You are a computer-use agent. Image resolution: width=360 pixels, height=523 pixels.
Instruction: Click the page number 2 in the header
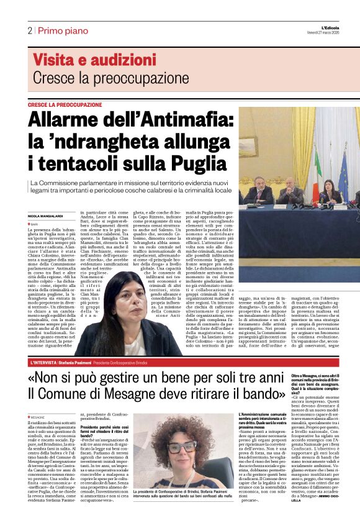tap(29, 30)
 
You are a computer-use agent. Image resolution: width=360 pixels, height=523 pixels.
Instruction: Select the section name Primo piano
tap(57, 30)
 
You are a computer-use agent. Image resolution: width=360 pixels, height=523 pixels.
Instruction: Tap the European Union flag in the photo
tap(343, 171)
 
